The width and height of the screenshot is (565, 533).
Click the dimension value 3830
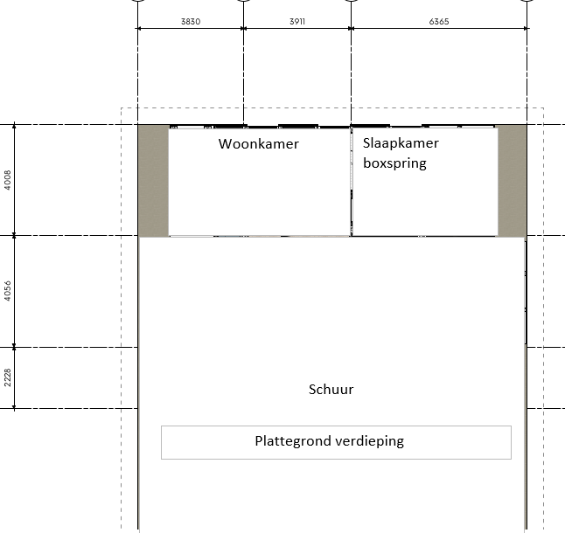coord(191,22)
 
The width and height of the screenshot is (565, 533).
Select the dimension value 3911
coord(297,22)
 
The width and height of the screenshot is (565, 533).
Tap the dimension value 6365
coord(439,22)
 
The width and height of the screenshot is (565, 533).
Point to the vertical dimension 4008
coord(8,180)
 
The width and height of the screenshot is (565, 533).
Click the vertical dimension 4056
coord(8,291)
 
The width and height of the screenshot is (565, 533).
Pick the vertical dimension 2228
coord(8,377)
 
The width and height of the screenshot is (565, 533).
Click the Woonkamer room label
coord(258,144)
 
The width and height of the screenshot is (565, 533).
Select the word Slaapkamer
coord(401,143)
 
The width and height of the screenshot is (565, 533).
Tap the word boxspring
coord(394,163)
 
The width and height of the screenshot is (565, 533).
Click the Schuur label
coord(331,390)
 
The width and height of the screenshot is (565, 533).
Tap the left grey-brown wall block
coord(154,181)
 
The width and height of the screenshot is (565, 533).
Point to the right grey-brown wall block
coord(512,181)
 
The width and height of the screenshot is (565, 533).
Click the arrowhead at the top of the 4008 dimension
coord(14,126)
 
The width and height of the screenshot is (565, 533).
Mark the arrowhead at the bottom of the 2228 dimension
coord(14,406)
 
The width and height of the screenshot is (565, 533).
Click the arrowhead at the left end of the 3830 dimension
coord(139,28)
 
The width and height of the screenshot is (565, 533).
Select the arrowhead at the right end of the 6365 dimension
coord(526,28)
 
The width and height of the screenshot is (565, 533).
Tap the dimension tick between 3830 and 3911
coord(244,28)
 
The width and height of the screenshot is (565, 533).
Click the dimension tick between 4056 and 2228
coord(14,347)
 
